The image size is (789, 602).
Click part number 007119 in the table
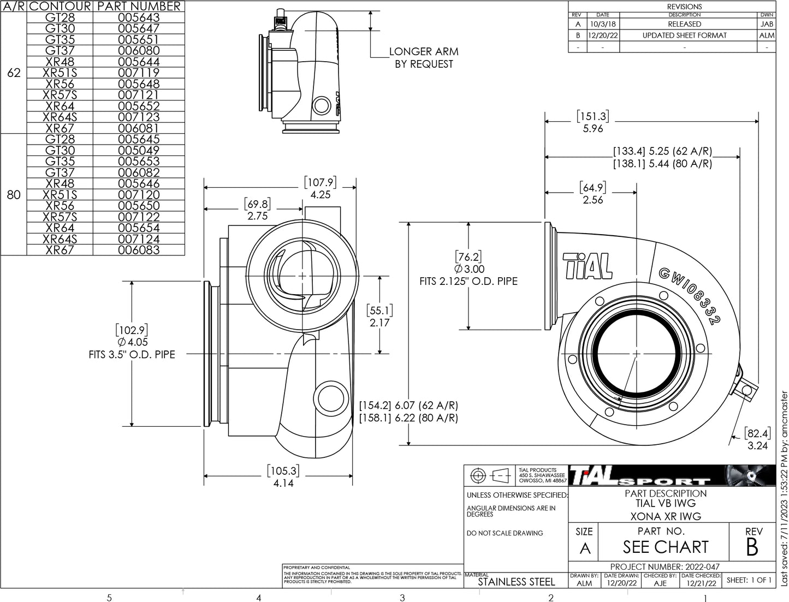pos(139,73)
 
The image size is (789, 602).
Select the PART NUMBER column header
pos(139,7)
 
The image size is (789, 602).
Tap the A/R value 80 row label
pos(14,195)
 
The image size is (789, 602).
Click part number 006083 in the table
pos(139,250)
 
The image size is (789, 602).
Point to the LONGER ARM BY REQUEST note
pos(424,58)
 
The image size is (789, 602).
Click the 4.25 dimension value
pos(320,195)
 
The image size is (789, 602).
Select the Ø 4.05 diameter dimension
pos(133,342)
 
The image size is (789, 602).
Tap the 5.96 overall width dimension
pos(592,129)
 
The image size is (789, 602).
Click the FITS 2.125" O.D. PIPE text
pos(468,282)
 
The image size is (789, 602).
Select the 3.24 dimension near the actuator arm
pos(757,446)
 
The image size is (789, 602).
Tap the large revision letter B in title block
pos(752,547)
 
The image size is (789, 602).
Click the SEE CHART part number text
pos(665,547)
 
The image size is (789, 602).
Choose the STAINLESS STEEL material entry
pos(516,582)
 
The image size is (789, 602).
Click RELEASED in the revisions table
pos(684,24)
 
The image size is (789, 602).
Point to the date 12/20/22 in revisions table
pos(602,35)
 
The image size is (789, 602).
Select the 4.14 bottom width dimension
pos(283,483)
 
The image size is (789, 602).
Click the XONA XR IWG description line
pos(665,516)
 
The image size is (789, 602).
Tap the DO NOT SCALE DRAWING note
pos(505,533)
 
